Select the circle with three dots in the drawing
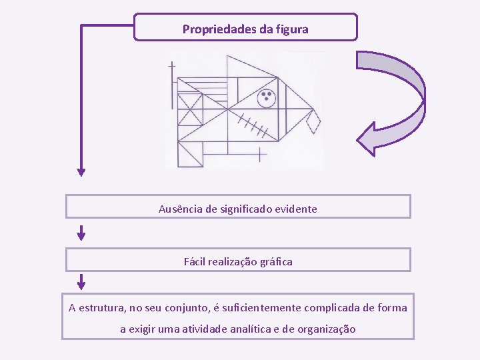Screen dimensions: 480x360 (267, 99)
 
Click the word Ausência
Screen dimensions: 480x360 (181, 209)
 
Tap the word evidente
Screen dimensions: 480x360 (298, 209)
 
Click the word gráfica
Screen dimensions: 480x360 (273, 262)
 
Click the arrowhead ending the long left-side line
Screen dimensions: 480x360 (81, 171)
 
